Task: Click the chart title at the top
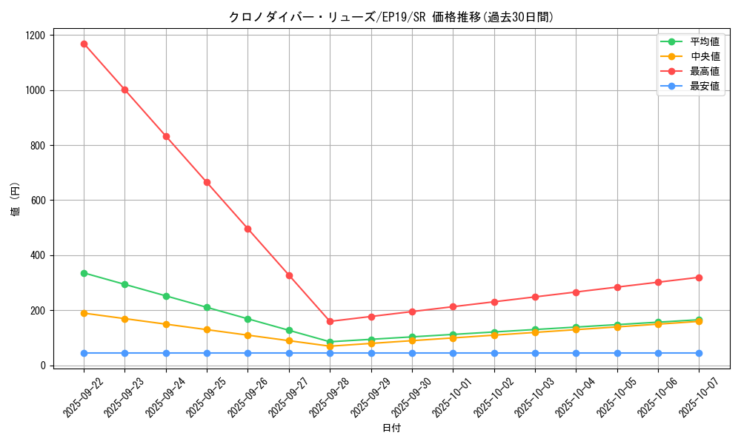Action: [x=391, y=17]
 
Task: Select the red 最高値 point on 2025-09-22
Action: [x=84, y=44]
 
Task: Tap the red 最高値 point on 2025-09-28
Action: [x=330, y=321]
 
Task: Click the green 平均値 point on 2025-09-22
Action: [x=84, y=273]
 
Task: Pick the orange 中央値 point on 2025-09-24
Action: [x=166, y=324]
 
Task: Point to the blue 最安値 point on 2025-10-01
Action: [x=453, y=353]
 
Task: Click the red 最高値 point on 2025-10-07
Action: [x=699, y=277]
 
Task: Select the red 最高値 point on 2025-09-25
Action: [x=207, y=182]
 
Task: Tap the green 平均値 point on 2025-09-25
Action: [x=207, y=307]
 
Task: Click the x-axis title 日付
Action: [x=391, y=428]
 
